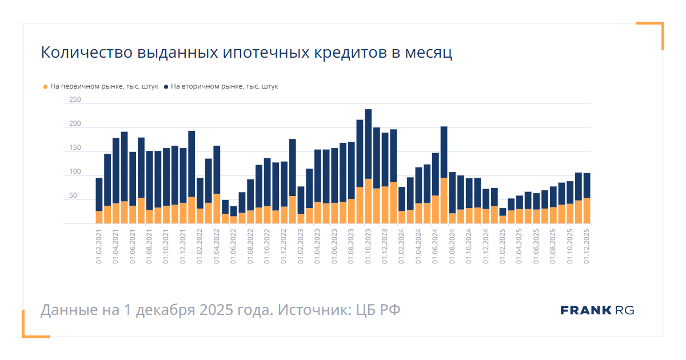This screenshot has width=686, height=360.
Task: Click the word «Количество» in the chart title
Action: pyautogui.click(x=86, y=53)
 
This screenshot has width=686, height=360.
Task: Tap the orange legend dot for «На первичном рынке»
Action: pyautogui.click(x=46, y=87)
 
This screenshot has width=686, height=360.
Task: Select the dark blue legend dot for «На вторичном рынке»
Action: pyautogui.click(x=166, y=87)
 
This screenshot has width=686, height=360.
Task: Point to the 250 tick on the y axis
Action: pyautogui.click(x=75, y=100)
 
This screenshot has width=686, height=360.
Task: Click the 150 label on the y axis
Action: pyautogui.click(x=75, y=148)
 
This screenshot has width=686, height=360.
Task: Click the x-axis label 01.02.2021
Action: pyautogui.click(x=99, y=247)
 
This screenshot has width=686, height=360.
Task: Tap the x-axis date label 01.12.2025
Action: pyautogui.click(x=587, y=247)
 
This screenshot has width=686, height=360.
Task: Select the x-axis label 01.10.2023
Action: pyautogui.click(x=368, y=247)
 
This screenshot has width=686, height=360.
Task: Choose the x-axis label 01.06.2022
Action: pyautogui.click(x=233, y=247)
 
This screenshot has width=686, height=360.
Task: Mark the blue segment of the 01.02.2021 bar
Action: pyautogui.click(x=99, y=194)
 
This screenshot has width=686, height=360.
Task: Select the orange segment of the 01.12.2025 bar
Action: pyautogui.click(x=587, y=211)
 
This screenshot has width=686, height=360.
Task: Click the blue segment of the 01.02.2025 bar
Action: pyautogui.click(x=502, y=211)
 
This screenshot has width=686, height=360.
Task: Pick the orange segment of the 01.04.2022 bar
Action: pyautogui.click(x=217, y=209)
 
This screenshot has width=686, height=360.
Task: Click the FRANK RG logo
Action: pyautogui.click(x=597, y=310)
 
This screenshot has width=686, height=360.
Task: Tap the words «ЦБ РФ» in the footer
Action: pyautogui.click(x=378, y=310)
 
